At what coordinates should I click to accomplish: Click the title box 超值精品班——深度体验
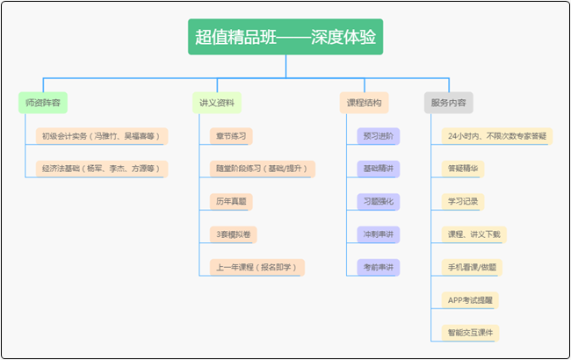285,37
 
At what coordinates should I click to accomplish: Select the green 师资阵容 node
43,103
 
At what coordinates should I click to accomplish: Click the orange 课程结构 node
364,103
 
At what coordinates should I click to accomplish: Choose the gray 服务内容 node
448,103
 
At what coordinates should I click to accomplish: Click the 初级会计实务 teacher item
101,136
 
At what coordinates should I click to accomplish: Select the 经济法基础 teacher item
101,168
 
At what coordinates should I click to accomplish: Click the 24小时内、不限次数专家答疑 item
496,136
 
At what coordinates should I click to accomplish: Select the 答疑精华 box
463,168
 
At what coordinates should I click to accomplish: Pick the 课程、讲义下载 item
474,234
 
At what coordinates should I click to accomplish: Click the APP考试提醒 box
469,299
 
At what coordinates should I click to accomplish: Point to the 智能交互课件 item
470,332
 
